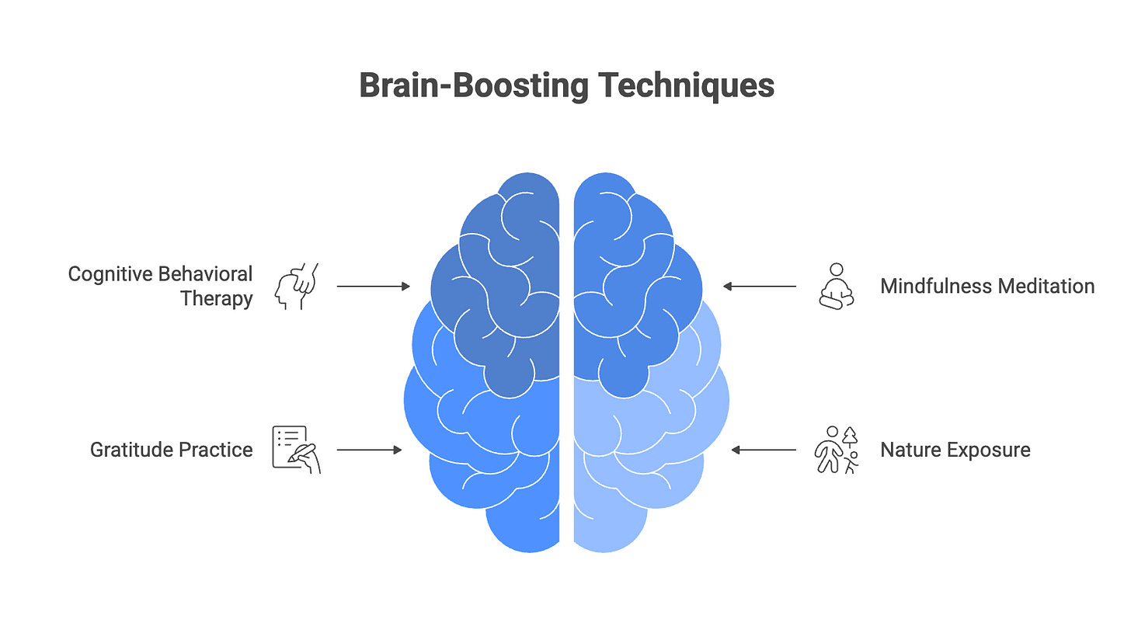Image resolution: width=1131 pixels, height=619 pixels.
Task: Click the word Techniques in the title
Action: coord(682,85)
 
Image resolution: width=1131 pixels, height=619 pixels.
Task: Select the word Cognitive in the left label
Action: coord(109,274)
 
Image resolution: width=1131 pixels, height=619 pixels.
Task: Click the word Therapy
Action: coord(217,299)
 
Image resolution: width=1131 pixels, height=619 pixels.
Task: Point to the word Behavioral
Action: coord(206,274)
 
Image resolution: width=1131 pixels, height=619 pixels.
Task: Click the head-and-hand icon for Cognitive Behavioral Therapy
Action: coord(297,287)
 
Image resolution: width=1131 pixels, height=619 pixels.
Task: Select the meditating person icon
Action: coord(837,286)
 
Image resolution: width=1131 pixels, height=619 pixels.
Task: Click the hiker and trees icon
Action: coord(836,450)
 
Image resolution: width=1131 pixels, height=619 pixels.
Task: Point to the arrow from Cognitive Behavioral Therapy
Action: coord(373,287)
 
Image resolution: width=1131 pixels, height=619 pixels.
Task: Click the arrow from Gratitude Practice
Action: coord(369,450)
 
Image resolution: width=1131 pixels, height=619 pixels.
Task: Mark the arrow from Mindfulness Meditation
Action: coord(760,287)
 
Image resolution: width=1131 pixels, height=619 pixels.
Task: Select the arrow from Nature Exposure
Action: coord(764,450)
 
